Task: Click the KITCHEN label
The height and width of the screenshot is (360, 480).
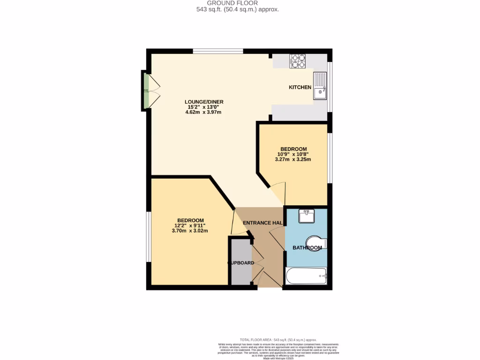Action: [300, 87]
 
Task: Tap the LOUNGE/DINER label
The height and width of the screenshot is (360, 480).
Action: [204, 102]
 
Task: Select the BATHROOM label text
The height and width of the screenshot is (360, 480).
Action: [307, 247]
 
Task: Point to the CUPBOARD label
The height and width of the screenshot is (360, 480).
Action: [241, 263]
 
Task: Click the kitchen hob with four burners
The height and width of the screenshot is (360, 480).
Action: [298, 60]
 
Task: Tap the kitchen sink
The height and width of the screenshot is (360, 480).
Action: [320, 86]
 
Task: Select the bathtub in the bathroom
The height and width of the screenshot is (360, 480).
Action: [306, 276]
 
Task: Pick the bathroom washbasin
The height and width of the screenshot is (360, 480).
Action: [307, 217]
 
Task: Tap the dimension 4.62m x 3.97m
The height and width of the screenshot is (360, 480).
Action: [204, 112]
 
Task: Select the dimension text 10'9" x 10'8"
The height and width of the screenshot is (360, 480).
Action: [293, 154]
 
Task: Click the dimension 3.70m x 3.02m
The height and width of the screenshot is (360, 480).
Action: [190, 231]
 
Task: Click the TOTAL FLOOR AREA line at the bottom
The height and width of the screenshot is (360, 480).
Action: [278, 339]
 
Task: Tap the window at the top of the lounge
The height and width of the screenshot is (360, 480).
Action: [217, 51]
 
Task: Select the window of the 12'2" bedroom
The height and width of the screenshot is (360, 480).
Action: [149, 237]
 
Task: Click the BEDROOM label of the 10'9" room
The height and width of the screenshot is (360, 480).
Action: [293, 149]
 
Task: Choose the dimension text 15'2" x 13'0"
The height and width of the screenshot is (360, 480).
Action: [204, 107]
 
